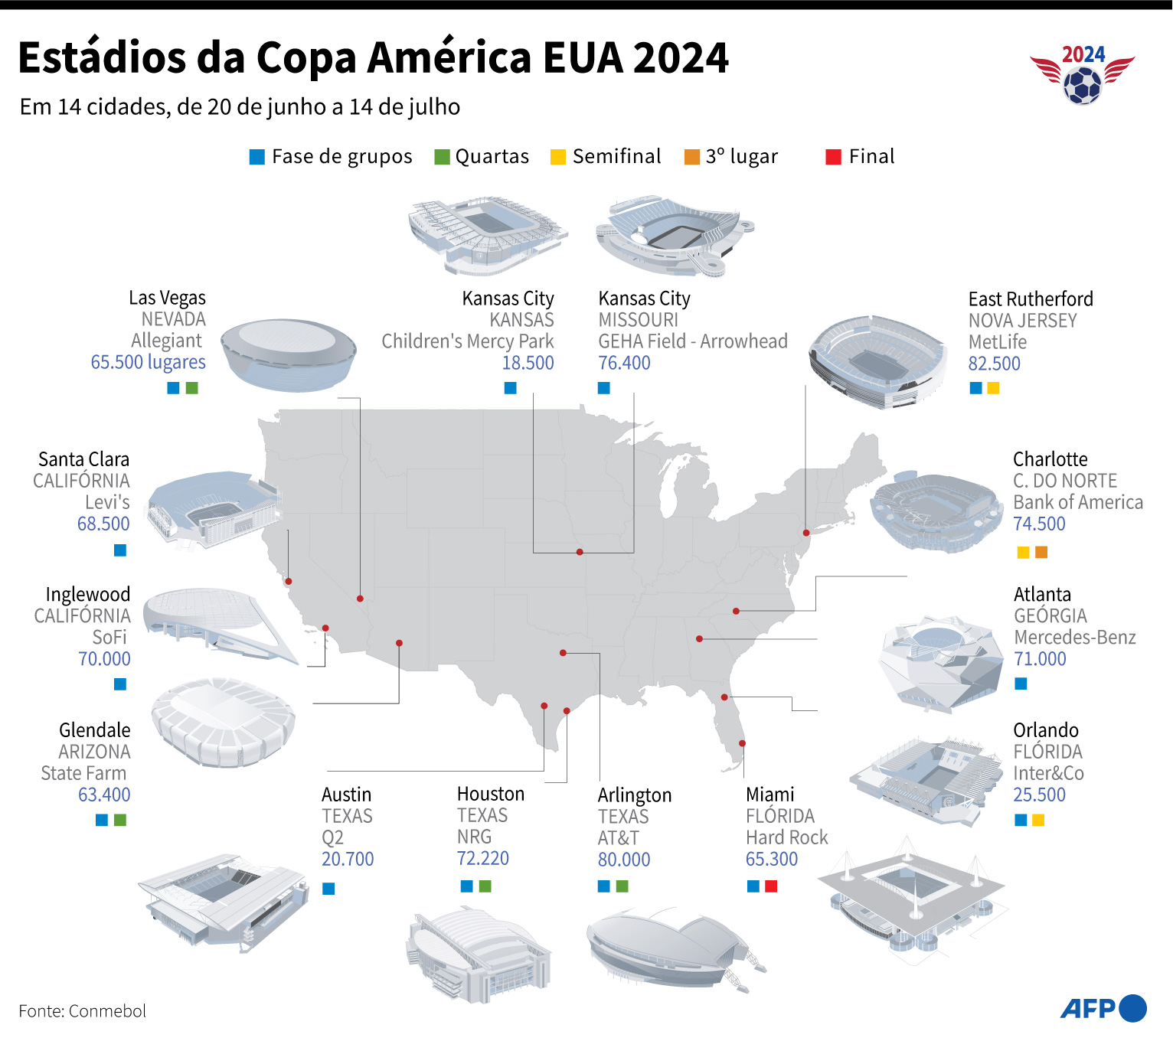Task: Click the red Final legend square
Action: pyautogui.click(x=834, y=157)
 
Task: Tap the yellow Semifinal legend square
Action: pyautogui.click(x=558, y=157)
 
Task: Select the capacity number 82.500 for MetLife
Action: pyautogui.click(x=994, y=364)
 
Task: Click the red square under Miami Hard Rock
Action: pyautogui.click(x=771, y=886)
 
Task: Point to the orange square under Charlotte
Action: pyautogui.click(x=1041, y=552)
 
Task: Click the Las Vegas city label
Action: pyautogui.click(x=167, y=298)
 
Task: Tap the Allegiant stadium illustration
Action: pyautogui.click(x=288, y=354)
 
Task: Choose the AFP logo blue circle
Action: pyautogui.click(x=1132, y=1008)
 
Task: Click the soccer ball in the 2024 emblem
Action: pyautogui.click(x=1083, y=86)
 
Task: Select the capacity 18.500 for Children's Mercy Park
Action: pyautogui.click(x=528, y=364)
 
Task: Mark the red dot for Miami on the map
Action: pyautogui.click(x=742, y=743)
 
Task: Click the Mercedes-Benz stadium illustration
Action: pyautogui.click(x=940, y=662)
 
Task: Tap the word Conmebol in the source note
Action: pyautogui.click(x=107, y=1011)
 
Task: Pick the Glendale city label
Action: pyautogui.click(x=95, y=730)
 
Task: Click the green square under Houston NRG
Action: pyautogui.click(x=485, y=886)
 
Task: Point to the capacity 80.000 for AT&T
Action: pyautogui.click(x=623, y=860)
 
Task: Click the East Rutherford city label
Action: pyautogui.click(x=1030, y=299)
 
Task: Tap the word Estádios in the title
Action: pyautogui.click(x=102, y=58)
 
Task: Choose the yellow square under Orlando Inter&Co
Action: pyautogui.click(x=1038, y=821)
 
